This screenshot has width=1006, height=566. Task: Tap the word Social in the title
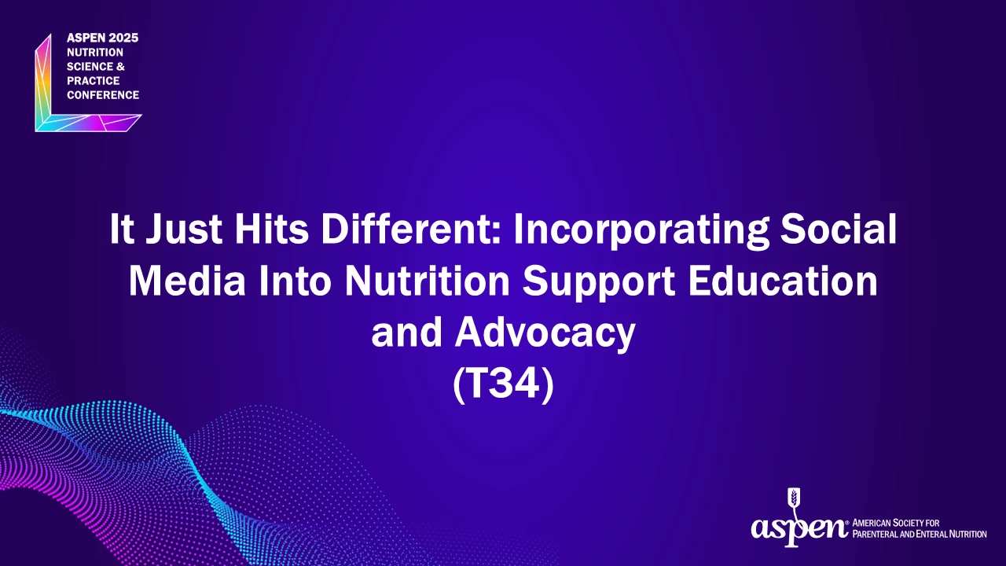click(838, 228)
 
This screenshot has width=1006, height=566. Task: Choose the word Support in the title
click(598, 283)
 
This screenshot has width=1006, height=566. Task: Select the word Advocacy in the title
click(545, 335)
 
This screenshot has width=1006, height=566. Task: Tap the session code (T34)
click(504, 385)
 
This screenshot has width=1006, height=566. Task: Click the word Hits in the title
click(271, 228)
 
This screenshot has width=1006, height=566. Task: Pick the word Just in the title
click(184, 228)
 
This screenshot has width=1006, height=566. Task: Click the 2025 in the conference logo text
click(123, 38)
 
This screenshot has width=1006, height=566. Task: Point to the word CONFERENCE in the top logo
click(103, 95)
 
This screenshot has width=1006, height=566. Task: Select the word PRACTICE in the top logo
click(94, 81)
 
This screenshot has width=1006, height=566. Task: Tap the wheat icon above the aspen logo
click(794, 502)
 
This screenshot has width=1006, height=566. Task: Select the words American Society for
click(895, 523)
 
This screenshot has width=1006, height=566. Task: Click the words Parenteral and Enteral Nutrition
click(920, 535)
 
